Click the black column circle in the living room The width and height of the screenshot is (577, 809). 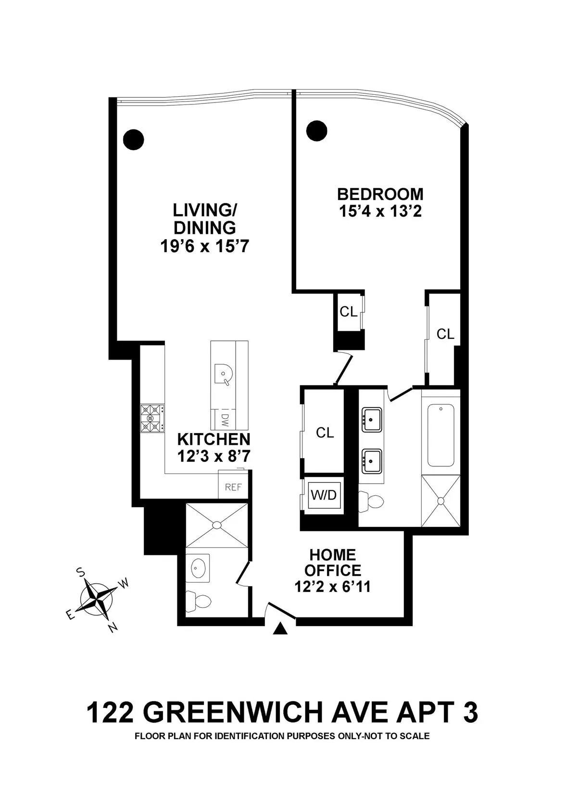[x=134, y=140]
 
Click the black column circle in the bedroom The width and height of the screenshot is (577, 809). [x=317, y=130]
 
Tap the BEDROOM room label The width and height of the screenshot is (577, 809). [x=380, y=194]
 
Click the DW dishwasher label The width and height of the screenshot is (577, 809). [x=225, y=420]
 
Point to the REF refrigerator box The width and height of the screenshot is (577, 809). [x=233, y=487]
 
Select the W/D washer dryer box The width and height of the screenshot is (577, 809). [x=324, y=495]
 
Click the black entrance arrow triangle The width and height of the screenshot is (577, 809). [x=280, y=628]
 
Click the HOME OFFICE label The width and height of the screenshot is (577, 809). [x=333, y=563]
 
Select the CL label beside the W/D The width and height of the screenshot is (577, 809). [x=325, y=433]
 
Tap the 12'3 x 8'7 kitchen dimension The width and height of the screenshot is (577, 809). [x=213, y=456]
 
